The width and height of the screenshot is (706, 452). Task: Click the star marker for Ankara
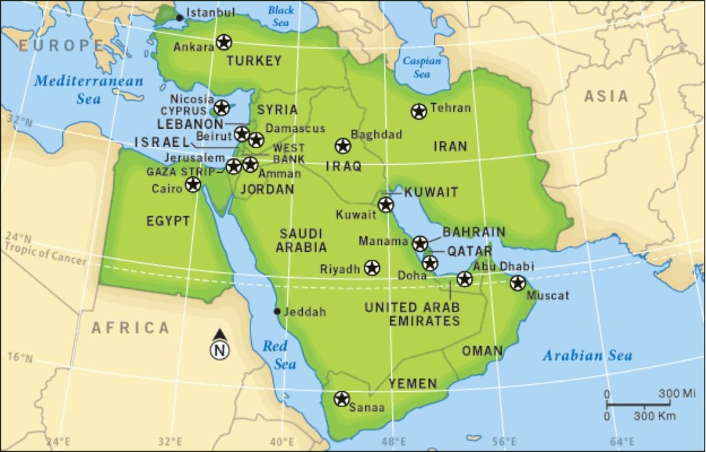(224, 42)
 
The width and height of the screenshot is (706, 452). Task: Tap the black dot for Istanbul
(179, 17)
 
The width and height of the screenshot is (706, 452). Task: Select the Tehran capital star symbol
(419, 111)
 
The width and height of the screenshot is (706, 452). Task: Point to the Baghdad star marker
(343, 146)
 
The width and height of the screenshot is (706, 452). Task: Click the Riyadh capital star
(372, 268)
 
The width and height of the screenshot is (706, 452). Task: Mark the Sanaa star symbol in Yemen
(342, 399)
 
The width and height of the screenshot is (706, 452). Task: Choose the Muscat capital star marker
(517, 283)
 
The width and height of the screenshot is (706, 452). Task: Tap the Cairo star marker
(193, 184)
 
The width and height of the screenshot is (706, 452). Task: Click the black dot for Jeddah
(277, 311)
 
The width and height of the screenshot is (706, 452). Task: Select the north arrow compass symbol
(220, 346)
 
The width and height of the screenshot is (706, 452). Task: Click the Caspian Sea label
(421, 68)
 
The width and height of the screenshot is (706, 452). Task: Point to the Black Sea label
(281, 16)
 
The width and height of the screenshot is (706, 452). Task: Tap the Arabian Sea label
(587, 356)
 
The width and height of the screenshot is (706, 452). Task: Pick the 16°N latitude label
(19, 358)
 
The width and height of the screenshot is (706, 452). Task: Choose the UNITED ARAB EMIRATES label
(412, 314)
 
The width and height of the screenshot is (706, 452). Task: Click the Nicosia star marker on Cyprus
(221, 106)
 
